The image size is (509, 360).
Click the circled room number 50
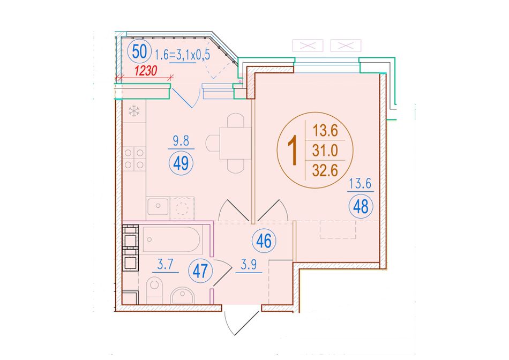pyautogui.click(x=140, y=52)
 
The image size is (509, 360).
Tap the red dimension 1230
pyautogui.click(x=146, y=70)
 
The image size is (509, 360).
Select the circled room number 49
pyautogui.click(x=181, y=163)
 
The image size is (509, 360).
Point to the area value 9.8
pyautogui.click(x=181, y=141)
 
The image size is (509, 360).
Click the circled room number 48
pyautogui.click(x=361, y=206)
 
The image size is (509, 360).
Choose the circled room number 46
pyautogui.click(x=264, y=241)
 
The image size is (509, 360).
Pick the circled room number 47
pyautogui.click(x=200, y=271)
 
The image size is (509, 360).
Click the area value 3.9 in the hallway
pyautogui.click(x=249, y=265)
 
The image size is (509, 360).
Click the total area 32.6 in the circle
pyautogui.click(x=325, y=170)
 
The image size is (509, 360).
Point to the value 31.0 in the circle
pyautogui.click(x=325, y=151)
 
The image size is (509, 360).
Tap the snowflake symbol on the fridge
pyautogui.click(x=134, y=111)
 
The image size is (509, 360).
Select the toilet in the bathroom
pyautogui.click(x=154, y=290)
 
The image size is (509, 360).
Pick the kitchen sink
pyautogui.click(x=158, y=206)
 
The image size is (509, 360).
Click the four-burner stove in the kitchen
pyautogui.click(x=134, y=159)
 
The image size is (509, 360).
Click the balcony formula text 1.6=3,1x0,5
pyautogui.click(x=183, y=54)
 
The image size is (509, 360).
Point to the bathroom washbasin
pyautogui.click(x=182, y=295)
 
